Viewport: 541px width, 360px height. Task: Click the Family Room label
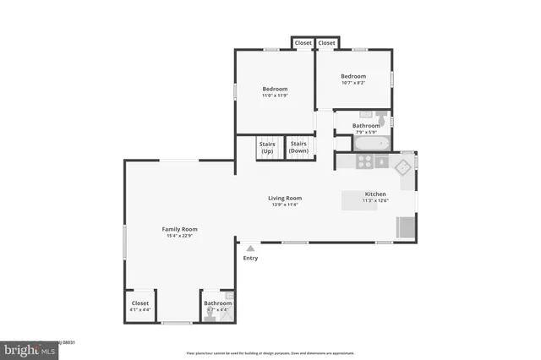pos(179,229)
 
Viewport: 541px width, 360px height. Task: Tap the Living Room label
pos(286,199)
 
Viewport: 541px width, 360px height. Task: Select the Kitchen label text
pos(374,194)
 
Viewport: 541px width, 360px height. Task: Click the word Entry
pos(250,258)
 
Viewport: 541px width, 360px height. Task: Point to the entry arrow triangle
pos(250,248)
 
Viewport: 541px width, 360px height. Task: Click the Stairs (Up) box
pos(267,147)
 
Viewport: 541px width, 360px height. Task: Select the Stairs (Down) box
pos(298,147)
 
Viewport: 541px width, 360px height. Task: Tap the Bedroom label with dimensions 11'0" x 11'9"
pos(275,90)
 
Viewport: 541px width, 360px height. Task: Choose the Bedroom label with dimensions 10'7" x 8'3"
pos(352,74)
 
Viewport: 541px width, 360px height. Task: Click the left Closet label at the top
pos(303,43)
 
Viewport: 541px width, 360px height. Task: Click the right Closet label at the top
pos(326,43)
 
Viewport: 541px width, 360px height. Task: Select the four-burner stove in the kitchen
pos(366,161)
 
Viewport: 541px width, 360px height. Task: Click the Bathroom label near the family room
pos(217,303)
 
